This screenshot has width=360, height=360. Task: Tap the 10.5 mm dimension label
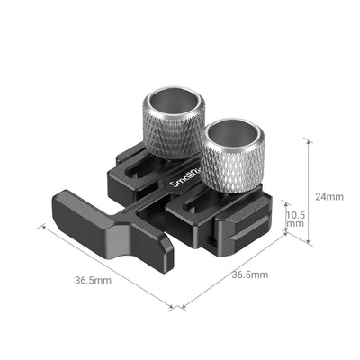coord(297,220)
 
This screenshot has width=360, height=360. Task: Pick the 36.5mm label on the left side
coord(94,281)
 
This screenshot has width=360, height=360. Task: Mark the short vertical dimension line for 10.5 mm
coord(285,221)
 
